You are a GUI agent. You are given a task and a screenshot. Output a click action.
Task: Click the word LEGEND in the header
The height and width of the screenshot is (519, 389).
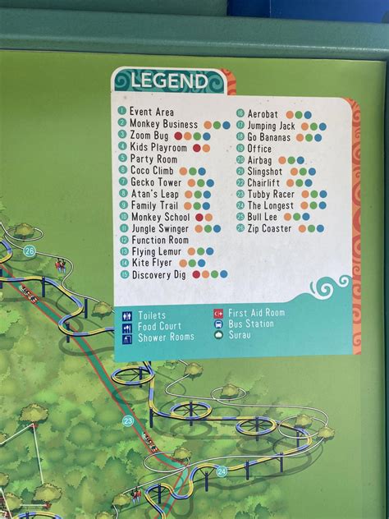point(167,81)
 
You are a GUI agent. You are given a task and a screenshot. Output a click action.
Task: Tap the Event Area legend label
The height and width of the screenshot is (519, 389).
point(152,112)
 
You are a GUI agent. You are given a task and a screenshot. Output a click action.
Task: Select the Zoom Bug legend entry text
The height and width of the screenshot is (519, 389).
point(149,135)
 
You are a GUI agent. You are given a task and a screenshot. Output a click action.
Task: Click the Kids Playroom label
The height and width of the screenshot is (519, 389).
point(158,148)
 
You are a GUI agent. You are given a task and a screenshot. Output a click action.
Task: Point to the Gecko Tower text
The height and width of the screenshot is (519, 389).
point(156,182)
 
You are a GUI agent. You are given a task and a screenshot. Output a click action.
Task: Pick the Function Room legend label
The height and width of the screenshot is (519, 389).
point(160,240)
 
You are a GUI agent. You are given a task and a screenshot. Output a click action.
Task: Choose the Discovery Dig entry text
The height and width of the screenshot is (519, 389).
point(160,274)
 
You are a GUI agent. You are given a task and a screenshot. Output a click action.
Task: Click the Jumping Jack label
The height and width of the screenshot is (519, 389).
point(271,126)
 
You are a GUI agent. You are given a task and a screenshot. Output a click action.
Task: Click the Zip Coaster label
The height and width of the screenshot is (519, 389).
point(269,228)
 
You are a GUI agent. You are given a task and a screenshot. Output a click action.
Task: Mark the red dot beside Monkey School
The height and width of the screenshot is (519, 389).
point(196,218)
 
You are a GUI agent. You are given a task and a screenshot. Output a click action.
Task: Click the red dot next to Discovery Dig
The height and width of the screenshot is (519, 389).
point(196,274)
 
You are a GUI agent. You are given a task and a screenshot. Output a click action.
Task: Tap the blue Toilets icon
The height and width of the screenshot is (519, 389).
point(127,315)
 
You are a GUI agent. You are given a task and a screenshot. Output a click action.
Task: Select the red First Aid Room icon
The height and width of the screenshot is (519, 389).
point(218,313)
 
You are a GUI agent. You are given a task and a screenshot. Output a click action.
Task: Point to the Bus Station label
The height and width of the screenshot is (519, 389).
point(251,324)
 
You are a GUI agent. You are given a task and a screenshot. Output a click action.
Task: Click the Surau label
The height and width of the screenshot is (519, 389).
point(239,335)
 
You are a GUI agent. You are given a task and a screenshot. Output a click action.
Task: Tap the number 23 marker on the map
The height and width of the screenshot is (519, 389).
point(128,420)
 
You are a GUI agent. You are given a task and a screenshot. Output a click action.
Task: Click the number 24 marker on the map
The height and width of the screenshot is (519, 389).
point(222,471)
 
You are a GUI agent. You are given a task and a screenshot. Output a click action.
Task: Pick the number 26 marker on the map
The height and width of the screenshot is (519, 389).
point(30,251)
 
